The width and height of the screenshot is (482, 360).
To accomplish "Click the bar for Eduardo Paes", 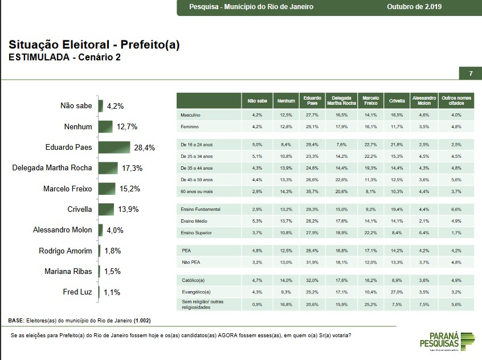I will click(114, 148).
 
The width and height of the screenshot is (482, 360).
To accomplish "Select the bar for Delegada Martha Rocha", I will click(108, 168).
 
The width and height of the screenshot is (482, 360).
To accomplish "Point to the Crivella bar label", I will click(80, 209).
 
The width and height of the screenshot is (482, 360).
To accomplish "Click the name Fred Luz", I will click(77, 292).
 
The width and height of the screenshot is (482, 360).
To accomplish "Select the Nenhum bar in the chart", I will click(105, 126).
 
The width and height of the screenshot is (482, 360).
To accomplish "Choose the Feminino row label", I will click(189, 126).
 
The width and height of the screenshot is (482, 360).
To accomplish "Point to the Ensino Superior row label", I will click(196, 232).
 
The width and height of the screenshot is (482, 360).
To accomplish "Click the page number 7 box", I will click(471, 74).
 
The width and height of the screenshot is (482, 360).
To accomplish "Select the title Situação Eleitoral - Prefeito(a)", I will click(94, 46).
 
